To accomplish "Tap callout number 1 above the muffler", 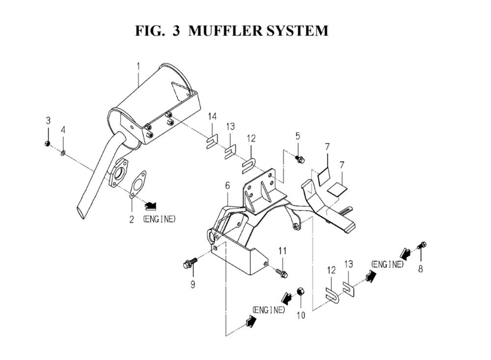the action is [138, 67].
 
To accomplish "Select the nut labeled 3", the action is [47, 143].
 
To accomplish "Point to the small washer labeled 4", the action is [63, 153].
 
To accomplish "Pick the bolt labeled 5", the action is [300, 160].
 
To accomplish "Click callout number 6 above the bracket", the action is [227, 186].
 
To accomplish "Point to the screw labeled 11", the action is [282, 273].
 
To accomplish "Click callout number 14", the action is [212, 117].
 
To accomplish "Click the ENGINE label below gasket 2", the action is [159, 219].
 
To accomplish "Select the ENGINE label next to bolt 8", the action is [387, 264].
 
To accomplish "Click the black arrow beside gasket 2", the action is [151, 205].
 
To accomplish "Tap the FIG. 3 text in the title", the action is [158, 31].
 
